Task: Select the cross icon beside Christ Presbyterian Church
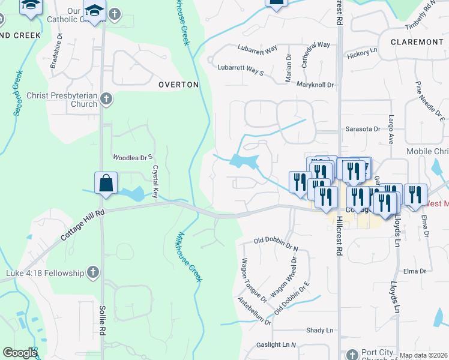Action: [x=106, y=98]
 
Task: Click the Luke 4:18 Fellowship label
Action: [x=45, y=274]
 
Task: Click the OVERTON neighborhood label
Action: [x=178, y=85]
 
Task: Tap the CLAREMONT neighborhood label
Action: [x=417, y=42]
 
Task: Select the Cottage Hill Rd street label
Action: [x=83, y=225]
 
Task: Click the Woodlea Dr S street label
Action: [x=130, y=157]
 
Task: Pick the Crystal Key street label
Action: [x=155, y=182]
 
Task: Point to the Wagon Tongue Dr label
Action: [x=254, y=280]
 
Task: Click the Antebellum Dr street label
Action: [x=254, y=311]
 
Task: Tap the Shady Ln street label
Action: [x=319, y=330]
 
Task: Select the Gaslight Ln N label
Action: [x=277, y=344]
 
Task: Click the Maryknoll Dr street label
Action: [x=315, y=85]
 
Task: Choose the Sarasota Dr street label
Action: [x=363, y=128]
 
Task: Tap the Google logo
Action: [x=20, y=353]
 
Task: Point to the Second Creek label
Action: [x=17, y=92]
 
